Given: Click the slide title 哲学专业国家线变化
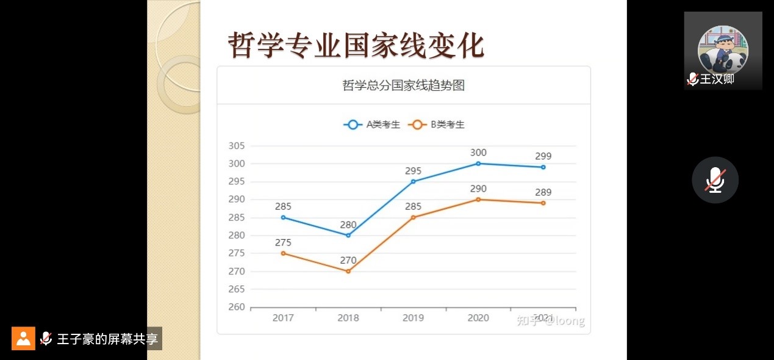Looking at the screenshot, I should [x=356, y=45].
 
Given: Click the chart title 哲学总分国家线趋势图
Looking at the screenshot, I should [x=403, y=85].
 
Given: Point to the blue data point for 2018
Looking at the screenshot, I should [x=348, y=235].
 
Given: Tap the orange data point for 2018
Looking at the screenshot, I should [x=348, y=271].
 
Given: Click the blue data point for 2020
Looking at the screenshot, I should [x=478, y=164].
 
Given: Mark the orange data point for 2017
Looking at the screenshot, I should [x=283, y=253].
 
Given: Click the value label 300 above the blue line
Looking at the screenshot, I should [x=478, y=153].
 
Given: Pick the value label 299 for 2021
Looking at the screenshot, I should [x=543, y=156].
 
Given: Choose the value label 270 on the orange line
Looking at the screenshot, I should [x=348, y=261].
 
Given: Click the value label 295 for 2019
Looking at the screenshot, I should [x=413, y=171].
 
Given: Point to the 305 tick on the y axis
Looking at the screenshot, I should [x=236, y=146].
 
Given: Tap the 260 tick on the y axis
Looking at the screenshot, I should [x=236, y=307].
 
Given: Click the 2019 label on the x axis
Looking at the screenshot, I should [x=413, y=318].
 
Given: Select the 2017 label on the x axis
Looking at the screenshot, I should [x=283, y=318].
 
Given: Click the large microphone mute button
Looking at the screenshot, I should [x=715, y=180].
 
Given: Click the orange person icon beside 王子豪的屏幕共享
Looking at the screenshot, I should [x=23, y=338].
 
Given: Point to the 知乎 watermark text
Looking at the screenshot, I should [x=527, y=321].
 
